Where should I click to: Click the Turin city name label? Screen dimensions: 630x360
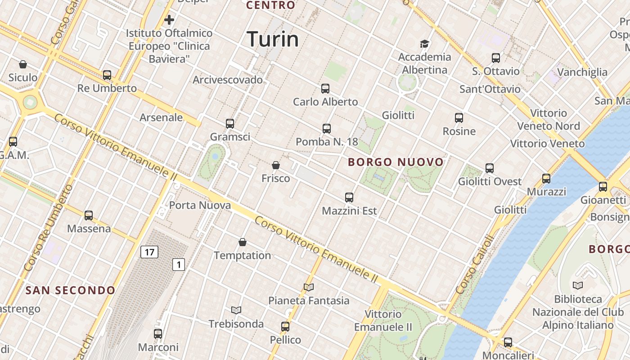(273, 39)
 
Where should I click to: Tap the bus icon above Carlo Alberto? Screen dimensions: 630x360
(325, 89)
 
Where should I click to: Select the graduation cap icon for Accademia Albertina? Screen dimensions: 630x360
(424, 44)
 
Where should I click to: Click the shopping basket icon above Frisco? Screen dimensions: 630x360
(276, 165)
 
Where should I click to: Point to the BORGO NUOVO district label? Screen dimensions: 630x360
(396, 162)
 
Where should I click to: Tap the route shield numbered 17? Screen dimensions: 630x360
(149, 252)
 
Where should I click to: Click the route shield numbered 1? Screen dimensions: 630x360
(179, 265)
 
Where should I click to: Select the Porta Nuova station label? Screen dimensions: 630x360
(200, 205)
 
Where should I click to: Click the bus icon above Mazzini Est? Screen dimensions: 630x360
(349, 197)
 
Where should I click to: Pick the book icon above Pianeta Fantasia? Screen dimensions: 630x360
(309, 287)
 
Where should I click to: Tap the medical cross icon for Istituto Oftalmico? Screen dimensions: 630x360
(169, 20)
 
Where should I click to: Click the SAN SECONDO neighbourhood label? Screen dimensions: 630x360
(71, 290)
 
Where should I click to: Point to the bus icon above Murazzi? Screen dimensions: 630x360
(546, 178)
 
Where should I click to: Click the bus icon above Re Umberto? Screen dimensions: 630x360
(107, 75)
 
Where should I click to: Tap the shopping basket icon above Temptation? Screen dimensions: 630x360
(243, 242)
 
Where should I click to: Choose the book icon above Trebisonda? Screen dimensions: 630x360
(236, 310)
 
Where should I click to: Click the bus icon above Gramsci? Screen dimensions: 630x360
(230, 123)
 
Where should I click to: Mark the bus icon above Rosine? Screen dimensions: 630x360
(459, 118)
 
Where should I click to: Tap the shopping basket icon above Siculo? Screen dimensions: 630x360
(23, 64)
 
